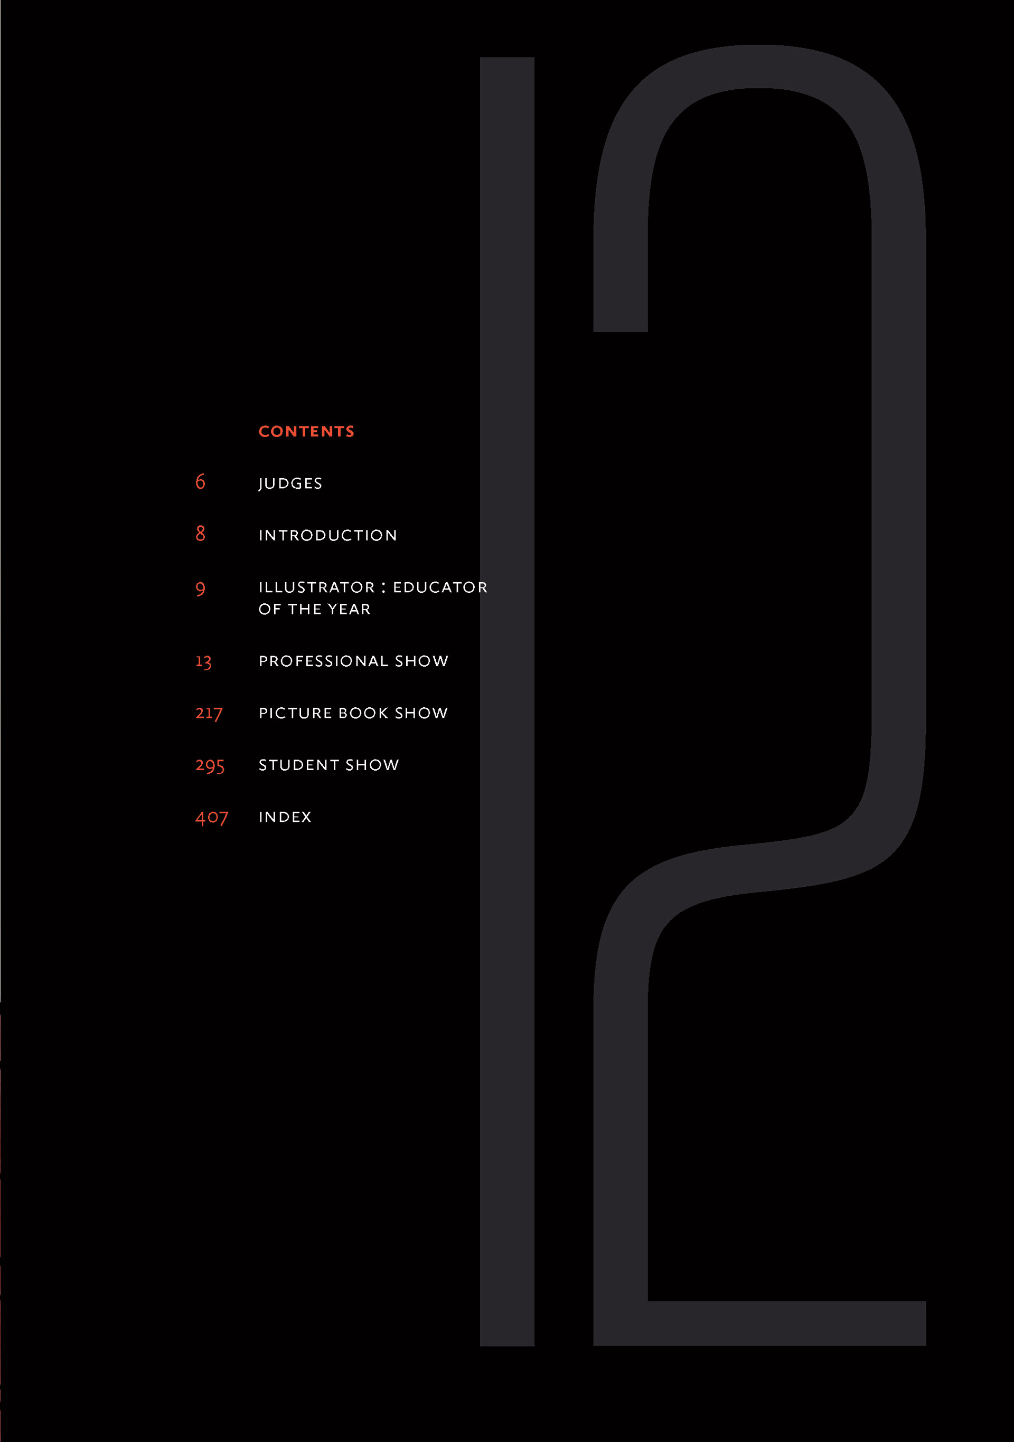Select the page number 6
pos(200,482)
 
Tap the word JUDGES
pos(290,483)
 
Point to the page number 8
pos(200,534)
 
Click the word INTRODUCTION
pos(328,536)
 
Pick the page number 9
pos(200,589)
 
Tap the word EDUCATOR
pos(440,588)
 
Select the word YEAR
pos(349,609)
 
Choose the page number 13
pos(203,661)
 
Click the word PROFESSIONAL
pos(324,661)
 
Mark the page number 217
pos(209,714)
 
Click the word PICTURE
pos(295,714)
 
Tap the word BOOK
pos(363,714)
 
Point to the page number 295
pos(209,765)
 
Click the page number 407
pos(212,818)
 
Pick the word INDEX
pos(285,817)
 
